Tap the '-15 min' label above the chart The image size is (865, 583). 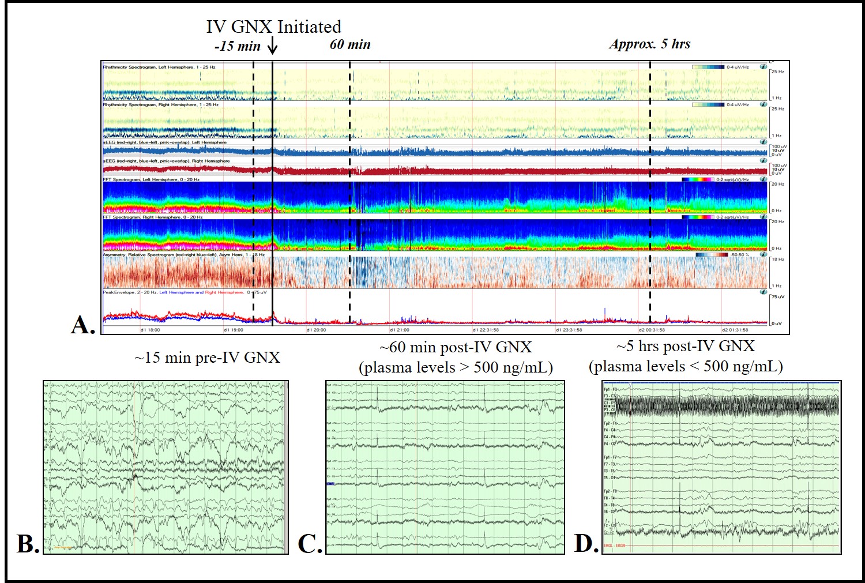(x=237, y=46)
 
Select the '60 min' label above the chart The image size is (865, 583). (x=350, y=44)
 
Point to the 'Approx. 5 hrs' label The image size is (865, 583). (x=649, y=44)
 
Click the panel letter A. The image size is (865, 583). (x=82, y=325)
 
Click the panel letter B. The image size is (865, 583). (x=28, y=544)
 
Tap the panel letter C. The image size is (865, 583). (x=310, y=544)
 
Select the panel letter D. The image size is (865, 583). (x=586, y=543)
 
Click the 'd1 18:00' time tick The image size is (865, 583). (x=151, y=330)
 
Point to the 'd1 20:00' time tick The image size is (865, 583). (x=316, y=330)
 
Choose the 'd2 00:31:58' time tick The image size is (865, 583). (x=652, y=330)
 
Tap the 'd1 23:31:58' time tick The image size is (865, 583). (x=569, y=330)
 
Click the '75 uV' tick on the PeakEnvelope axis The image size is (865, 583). (x=778, y=297)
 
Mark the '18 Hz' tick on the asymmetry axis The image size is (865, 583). (x=778, y=259)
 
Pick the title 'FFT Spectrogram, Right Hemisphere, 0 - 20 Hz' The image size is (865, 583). (x=151, y=217)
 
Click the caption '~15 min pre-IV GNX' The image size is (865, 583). (x=207, y=358)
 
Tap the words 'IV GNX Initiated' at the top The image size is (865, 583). (x=274, y=27)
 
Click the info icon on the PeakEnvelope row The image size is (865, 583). (x=764, y=292)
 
